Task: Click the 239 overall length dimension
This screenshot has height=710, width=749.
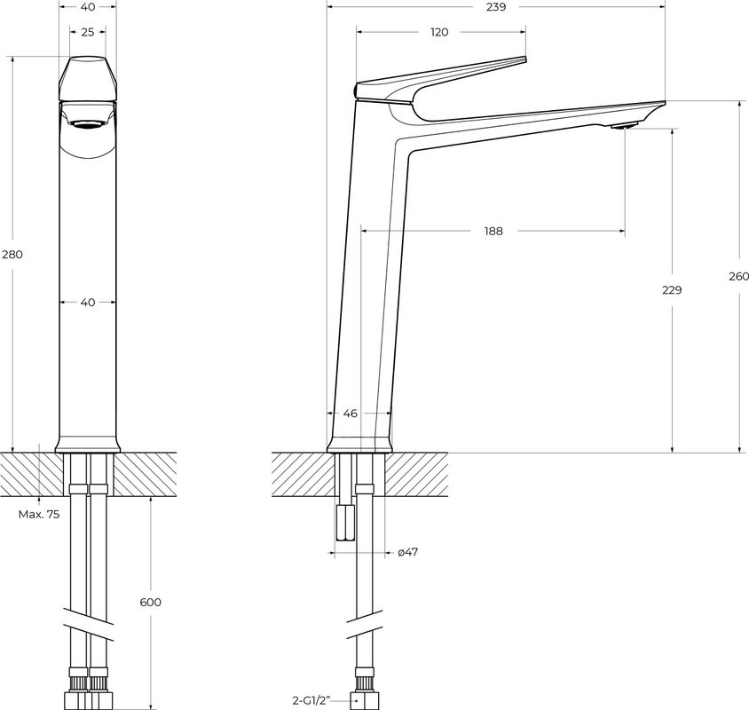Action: (x=495, y=7)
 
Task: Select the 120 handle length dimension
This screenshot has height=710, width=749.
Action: (x=439, y=32)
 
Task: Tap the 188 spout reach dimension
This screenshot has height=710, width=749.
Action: (x=493, y=232)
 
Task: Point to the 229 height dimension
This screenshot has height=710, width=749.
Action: (x=672, y=290)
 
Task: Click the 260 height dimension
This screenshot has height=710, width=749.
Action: (x=738, y=276)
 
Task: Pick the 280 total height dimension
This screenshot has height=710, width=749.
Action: (x=12, y=255)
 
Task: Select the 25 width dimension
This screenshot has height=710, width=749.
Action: (x=87, y=32)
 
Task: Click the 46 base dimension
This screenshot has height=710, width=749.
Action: (x=350, y=414)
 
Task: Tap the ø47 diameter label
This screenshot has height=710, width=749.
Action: (x=407, y=552)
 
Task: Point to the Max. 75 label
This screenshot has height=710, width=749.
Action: (x=39, y=514)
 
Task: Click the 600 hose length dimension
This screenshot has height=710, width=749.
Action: (x=151, y=603)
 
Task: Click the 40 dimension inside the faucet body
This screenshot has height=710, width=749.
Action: (x=87, y=303)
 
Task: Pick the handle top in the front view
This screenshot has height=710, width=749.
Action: (x=87, y=78)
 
